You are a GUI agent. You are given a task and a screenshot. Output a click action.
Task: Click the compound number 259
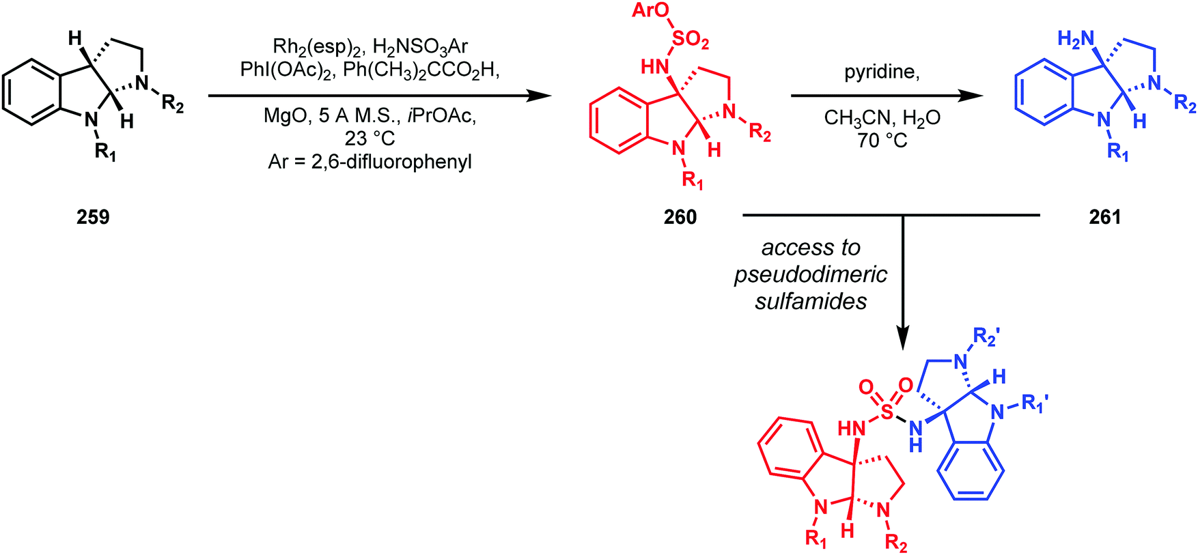point(93,217)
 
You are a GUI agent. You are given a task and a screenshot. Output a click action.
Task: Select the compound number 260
point(680,217)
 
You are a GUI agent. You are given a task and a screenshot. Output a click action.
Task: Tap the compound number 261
point(1105,217)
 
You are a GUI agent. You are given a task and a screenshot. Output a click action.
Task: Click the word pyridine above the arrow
point(882,72)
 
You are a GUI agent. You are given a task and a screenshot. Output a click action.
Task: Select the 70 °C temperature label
point(882,141)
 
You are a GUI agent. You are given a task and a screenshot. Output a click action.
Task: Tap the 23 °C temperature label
point(370,138)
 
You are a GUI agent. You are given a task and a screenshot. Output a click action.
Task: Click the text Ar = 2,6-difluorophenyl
point(370,162)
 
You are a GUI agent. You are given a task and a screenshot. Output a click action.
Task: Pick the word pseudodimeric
point(811,274)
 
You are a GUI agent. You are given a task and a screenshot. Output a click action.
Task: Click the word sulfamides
point(811,301)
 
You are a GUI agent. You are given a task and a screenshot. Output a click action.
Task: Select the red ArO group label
point(650,10)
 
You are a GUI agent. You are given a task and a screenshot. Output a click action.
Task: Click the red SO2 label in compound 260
point(691,41)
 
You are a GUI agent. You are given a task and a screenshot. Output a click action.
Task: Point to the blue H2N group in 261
point(1076,40)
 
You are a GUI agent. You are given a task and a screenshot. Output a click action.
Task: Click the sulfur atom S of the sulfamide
point(887,412)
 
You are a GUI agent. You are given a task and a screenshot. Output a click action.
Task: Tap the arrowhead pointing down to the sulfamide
point(903,338)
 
